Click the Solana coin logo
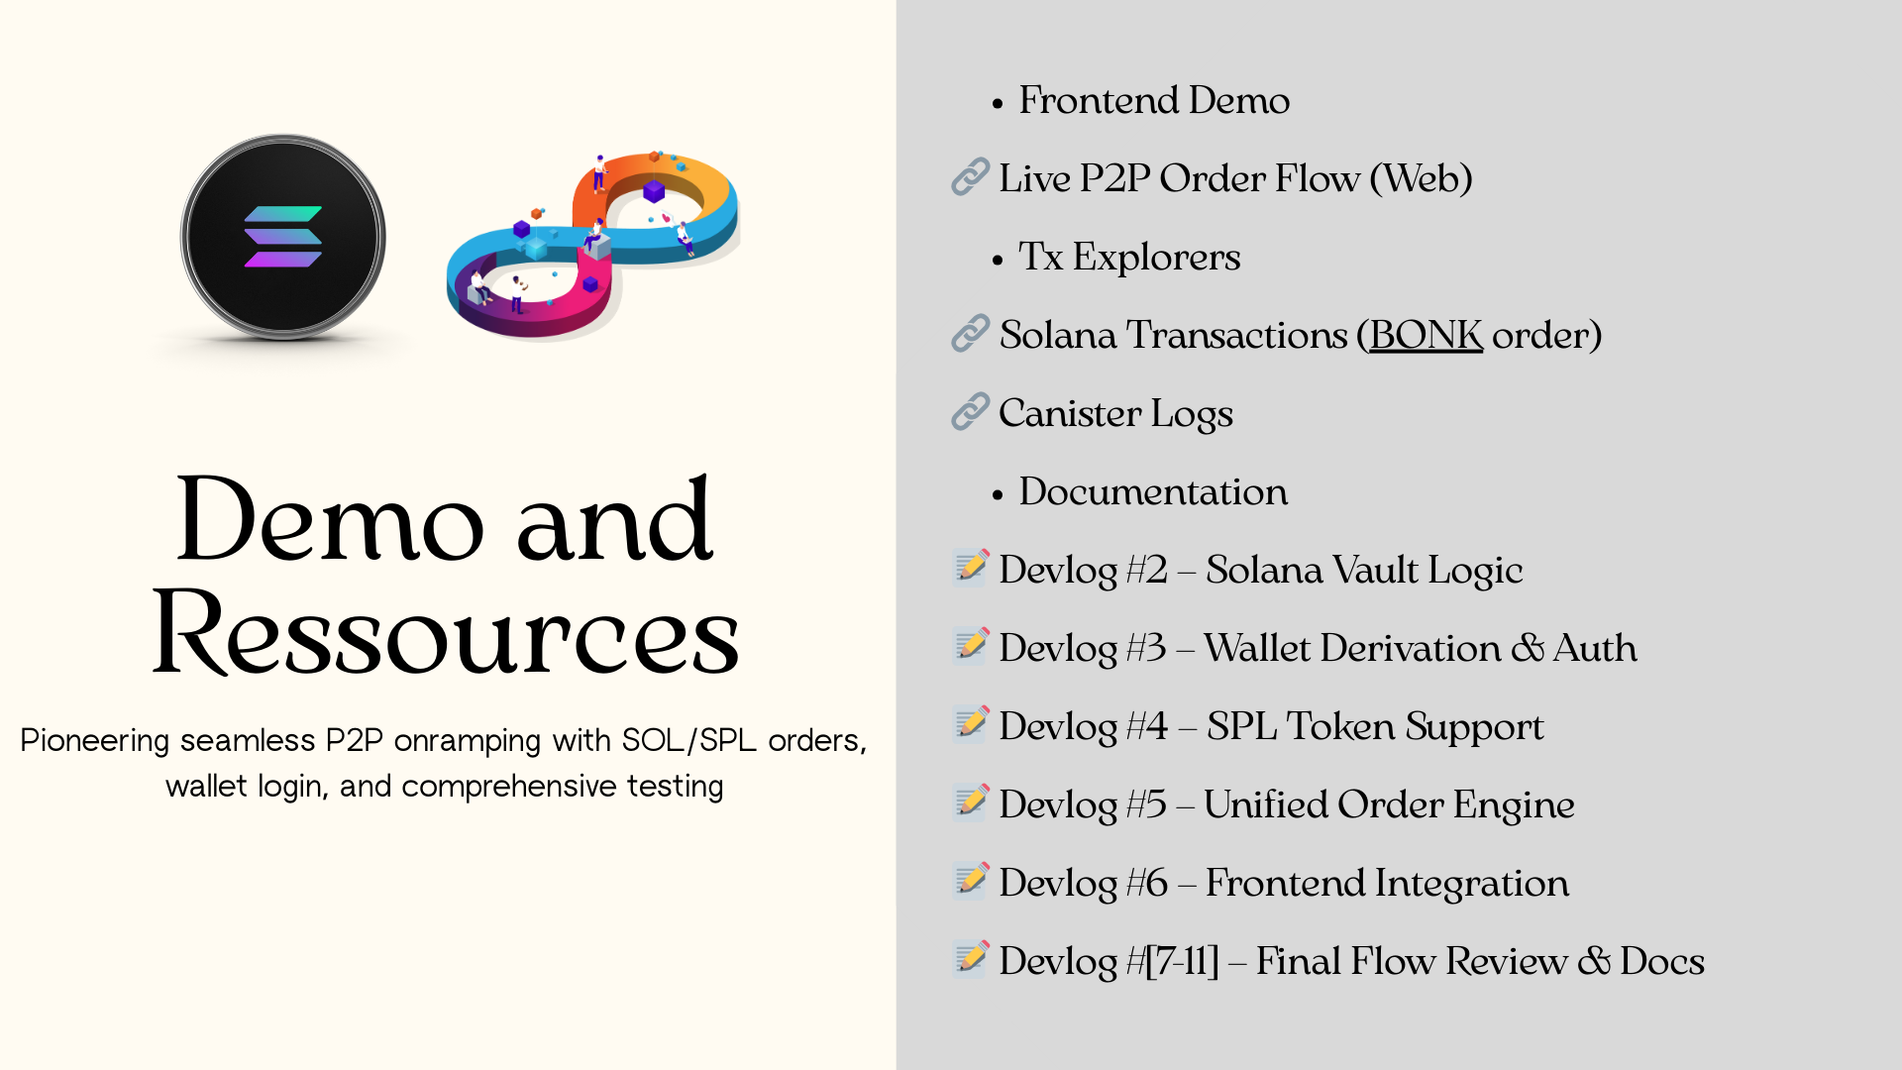[x=283, y=238]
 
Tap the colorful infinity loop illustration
[x=593, y=245]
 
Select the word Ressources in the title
[x=446, y=632]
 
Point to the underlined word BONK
[x=1426, y=335]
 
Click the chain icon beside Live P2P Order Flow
[x=971, y=176]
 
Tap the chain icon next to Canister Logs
[x=971, y=411]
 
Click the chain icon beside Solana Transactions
[x=971, y=333]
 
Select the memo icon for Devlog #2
[x=971, y=568]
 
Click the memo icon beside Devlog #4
[x=971, y=724]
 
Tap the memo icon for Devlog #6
[x=971, y=881]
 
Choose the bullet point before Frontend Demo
[x=998, y=103]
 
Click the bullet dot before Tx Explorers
[x=998, y=260]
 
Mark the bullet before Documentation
[x=998, y=494]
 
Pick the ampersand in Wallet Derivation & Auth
[x=1528, y=648]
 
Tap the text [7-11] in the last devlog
[x=1182, y=961]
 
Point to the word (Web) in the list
[x=1421, y=179]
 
